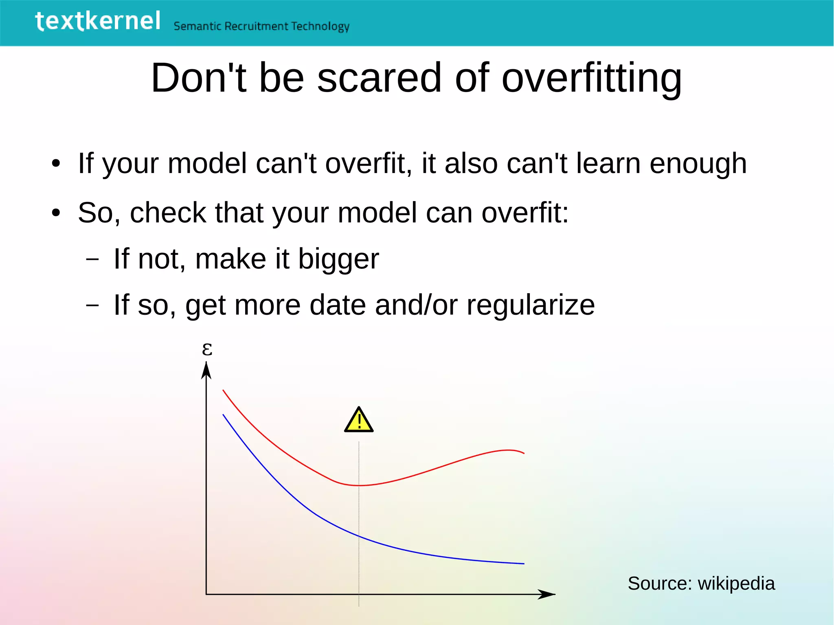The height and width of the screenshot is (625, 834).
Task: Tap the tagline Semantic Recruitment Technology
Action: click(x=261, y=26)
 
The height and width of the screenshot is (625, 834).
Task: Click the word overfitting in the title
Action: click(x=591, y=78)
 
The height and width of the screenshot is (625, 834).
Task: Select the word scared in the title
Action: click(x=379, y=78)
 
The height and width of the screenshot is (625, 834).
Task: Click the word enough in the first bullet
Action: click(x=698, y=164)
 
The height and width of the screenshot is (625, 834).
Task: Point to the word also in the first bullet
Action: click(x=471, y=164)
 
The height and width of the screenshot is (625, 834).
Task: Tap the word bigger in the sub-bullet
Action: click(x=338, y=260)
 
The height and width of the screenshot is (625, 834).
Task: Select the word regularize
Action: click(x=531, y=305)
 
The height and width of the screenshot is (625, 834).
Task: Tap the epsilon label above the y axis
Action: click(x=207, y=349)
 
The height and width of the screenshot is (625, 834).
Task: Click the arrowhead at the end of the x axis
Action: click(x=547, y=594)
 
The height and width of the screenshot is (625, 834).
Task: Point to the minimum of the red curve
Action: click(x=359, y=485)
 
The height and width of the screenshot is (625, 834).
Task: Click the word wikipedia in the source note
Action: click(x=736, y=583)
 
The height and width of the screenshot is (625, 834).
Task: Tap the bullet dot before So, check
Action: click(x=56, y=213)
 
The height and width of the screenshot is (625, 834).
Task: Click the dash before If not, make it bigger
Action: click(x=93, y=259)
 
